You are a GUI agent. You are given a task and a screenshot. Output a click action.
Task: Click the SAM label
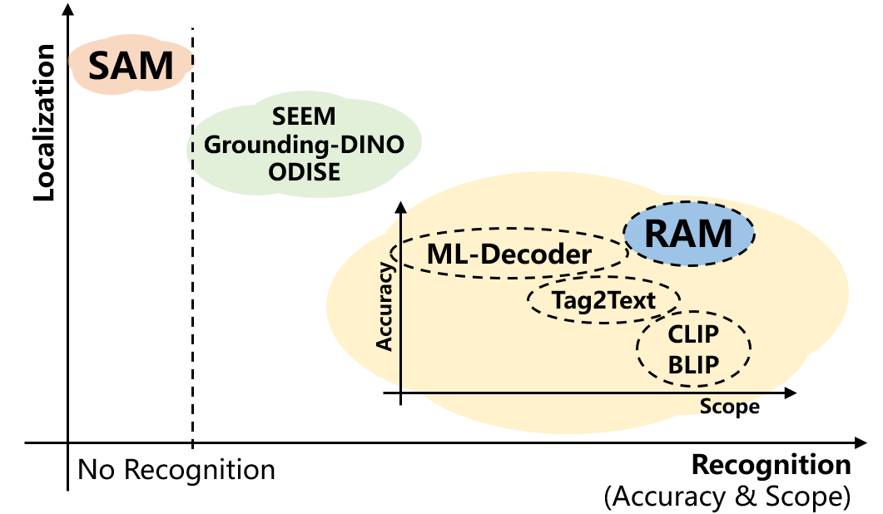click(x=131, y=66)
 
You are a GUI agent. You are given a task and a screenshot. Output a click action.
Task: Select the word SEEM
click(x=304, y=116)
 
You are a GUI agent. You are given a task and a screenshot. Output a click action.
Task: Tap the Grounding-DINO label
click(x=304, y=145)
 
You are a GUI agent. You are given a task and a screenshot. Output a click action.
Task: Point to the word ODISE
click(x=304, y=171)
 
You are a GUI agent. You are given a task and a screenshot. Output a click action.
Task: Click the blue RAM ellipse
click(x=689, y=233)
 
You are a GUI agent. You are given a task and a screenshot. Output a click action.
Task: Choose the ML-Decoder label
click(x=509, y=254)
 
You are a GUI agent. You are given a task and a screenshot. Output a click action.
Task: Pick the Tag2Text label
click(x=603, y=300)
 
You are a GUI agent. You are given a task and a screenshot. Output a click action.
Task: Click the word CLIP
click(x=693, y=334)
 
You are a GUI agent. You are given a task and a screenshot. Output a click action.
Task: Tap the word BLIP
click(x=693, y=365)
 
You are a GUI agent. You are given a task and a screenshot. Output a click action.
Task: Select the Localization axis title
click(x=44, y=122)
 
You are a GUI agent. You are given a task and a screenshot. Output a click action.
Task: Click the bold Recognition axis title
click(x=771, y=465)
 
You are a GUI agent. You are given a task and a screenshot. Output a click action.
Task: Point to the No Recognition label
click(x=176, y=470)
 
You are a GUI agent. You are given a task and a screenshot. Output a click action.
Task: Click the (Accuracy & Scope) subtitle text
click(x=727, y=497)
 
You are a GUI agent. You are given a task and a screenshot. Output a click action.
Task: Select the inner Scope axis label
click(x=729, y=407)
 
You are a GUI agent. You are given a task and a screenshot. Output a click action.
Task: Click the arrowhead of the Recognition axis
click(x=861, y=443)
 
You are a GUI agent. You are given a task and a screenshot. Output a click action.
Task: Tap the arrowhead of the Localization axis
click(x=68, y=10)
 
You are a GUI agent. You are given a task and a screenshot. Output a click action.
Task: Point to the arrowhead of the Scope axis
click(x=791, y=393)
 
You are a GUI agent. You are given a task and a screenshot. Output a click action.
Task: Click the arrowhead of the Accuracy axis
click(x=401, y=207)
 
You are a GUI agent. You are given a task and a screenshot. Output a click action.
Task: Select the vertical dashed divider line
click(x=192, y=238)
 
